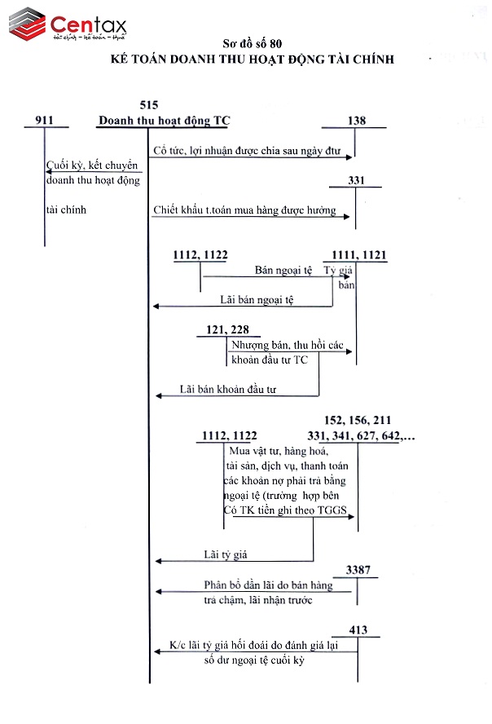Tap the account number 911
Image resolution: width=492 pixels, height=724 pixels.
pyautogui.click(x=45, y=121)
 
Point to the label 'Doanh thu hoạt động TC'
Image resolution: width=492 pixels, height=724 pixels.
pyautogui.click(x=164, y=121)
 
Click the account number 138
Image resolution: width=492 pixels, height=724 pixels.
pyautogui.click(x=356, y=121)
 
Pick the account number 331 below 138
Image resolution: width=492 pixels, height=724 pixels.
pyautogui.click(x=356, y=180)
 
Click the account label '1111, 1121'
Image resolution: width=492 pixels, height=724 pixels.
pyautogui.click(x=355, y=255)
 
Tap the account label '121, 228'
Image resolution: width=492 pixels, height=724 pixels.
pyautogui.click(x=222, y=329)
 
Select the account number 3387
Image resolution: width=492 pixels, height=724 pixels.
pyautogui.click(x=358, y=567)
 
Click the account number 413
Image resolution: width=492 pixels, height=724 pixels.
pyautogui.click(x=358, y=630)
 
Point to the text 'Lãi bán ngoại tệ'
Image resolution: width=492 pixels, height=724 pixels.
pyautogui.click(x=257, y=299)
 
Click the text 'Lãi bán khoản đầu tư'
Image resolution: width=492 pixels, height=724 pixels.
pyautogui.click(x=228, y=389)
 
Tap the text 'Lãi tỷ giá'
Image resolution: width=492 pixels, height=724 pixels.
pyautogui.click(x=225, y=554)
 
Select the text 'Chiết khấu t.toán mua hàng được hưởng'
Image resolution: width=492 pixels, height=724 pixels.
pyautogui.click(x=244, y=210)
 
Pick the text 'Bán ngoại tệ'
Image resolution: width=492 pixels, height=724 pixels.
pyautogui.click(x=284, y=269)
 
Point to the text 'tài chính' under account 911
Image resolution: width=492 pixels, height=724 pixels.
pyautogui.click(x=66, y=210)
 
